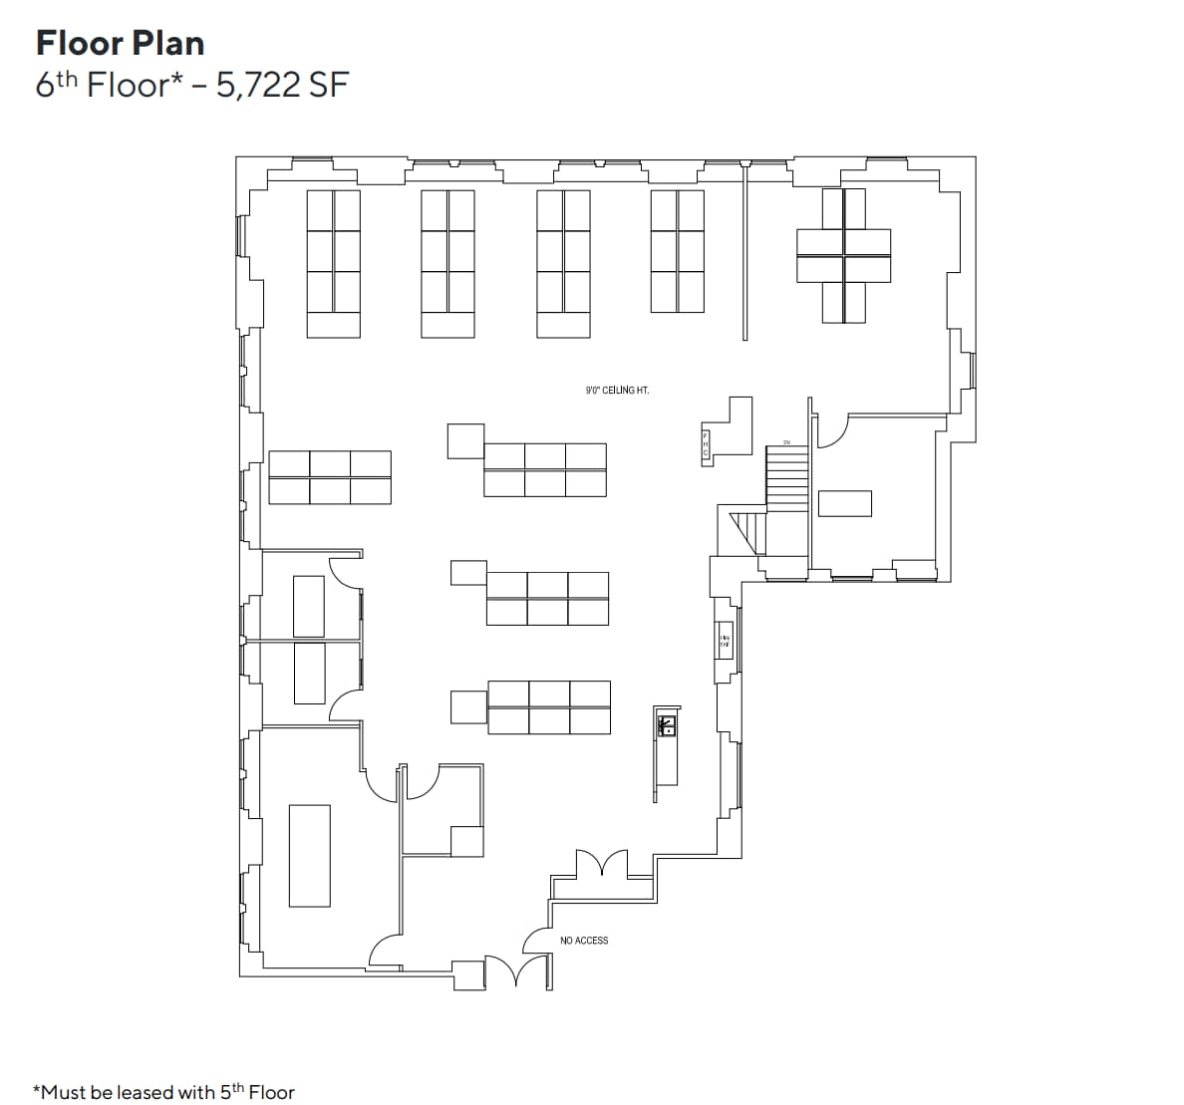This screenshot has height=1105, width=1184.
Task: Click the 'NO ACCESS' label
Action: point(584,941)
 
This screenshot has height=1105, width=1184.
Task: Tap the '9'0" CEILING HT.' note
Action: point(617,391)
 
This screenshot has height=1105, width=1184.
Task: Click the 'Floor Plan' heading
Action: point(120,43)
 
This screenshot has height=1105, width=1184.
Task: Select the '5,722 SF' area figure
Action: point(275,86)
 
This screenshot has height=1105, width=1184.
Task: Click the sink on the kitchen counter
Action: point(667,724)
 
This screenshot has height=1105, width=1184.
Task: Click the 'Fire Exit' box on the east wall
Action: point(725,641)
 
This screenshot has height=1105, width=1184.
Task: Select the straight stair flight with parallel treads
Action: point(786,476)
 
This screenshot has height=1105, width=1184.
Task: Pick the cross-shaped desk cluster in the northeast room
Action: point(843,255)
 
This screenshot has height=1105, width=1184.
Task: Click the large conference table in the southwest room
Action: point(309,855)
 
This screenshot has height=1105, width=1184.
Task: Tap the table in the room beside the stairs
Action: point(844,503)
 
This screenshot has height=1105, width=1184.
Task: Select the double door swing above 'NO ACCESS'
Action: point(601,863)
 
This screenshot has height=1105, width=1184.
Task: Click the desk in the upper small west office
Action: point(309,606)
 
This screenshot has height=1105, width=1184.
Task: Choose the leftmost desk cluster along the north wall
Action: point(333,264)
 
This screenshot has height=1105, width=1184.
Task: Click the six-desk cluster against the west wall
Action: point(330,476)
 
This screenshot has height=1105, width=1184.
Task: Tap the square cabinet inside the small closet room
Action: point(466,841)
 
